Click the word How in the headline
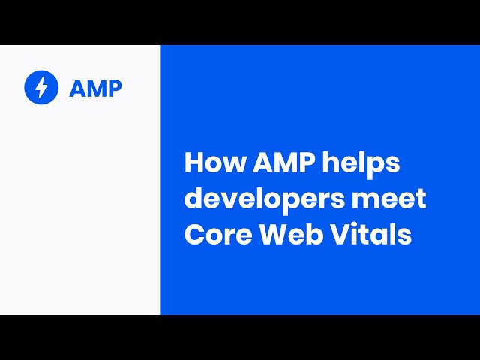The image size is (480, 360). [x=206, y=163]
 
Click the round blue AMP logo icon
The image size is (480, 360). [x=41, y=88]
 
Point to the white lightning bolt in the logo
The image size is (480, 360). [x=41, y=88]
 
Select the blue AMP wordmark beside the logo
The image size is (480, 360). [x=95, y=88]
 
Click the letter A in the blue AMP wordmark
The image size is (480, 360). [x=77, y=88]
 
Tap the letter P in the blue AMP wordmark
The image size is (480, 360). [x=114, y=88]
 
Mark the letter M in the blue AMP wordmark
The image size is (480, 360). [x=95, y=88]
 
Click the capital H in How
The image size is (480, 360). [x=192, y=163]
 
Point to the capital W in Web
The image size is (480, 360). [x=269, y=235]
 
